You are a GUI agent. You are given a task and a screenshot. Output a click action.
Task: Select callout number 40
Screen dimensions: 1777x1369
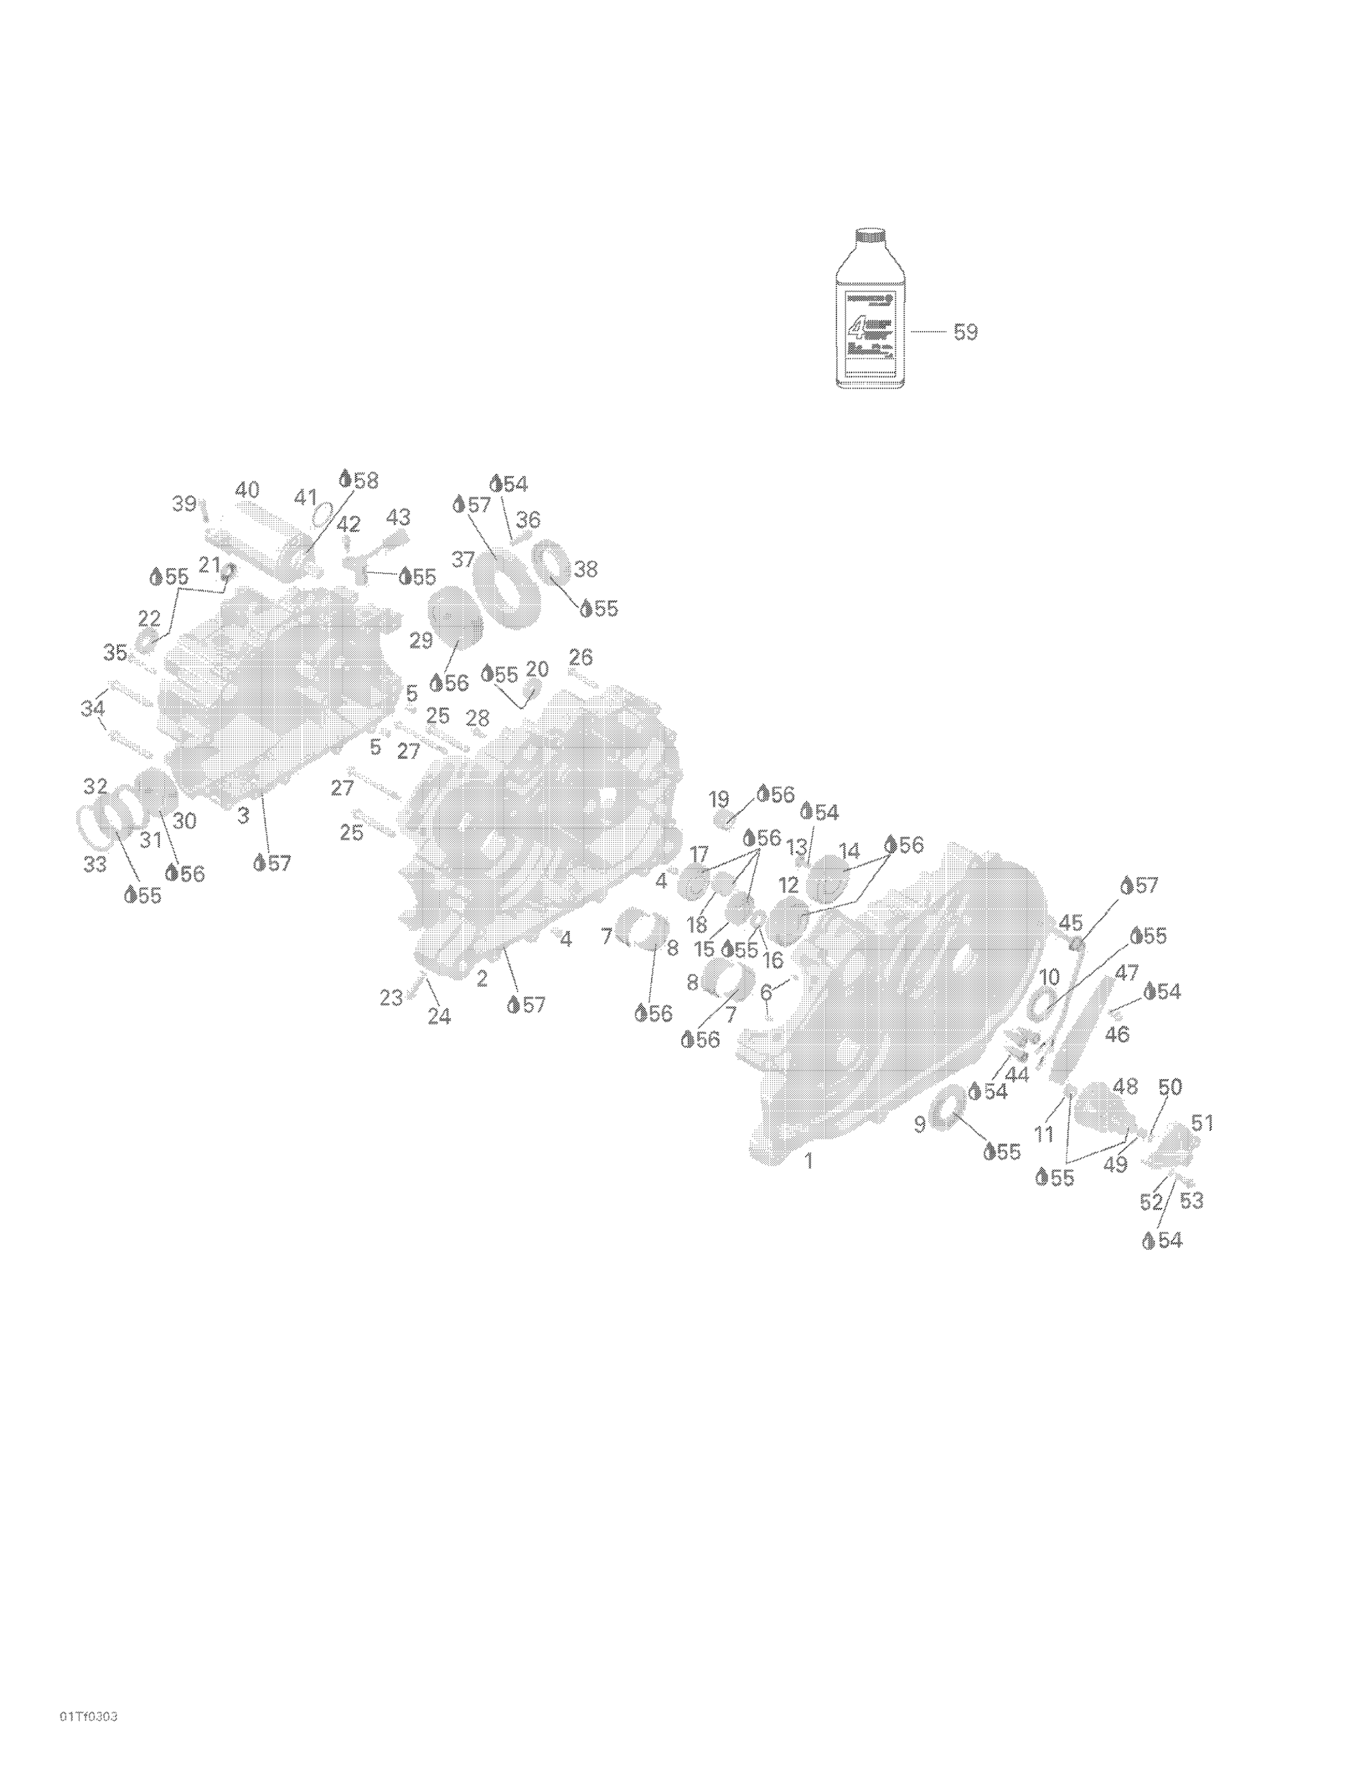coord(248,490)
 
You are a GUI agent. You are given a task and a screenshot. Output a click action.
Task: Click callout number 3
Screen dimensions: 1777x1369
coord(242,814)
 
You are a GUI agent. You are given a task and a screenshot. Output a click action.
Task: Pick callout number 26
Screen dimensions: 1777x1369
coord(581,657)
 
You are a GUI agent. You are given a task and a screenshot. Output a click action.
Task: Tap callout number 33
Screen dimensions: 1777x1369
coord(95,864)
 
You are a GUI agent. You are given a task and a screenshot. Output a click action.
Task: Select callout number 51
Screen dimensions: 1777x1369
coord(1202,1123)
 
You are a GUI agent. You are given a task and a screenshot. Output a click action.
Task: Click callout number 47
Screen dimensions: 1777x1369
coord(1127,971)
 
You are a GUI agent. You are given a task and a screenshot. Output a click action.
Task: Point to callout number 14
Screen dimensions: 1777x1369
coord(849,851)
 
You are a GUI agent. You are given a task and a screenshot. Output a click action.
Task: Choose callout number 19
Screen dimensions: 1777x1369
coord(719,799)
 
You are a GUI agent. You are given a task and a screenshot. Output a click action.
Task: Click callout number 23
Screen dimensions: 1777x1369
coord(392,997)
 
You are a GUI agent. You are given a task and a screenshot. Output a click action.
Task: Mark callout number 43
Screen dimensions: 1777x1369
coord(398,517)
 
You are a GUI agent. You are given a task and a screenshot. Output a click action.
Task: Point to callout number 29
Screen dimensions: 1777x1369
coord(421,640)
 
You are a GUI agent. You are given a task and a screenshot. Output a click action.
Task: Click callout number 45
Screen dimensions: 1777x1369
coord(1070,923)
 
